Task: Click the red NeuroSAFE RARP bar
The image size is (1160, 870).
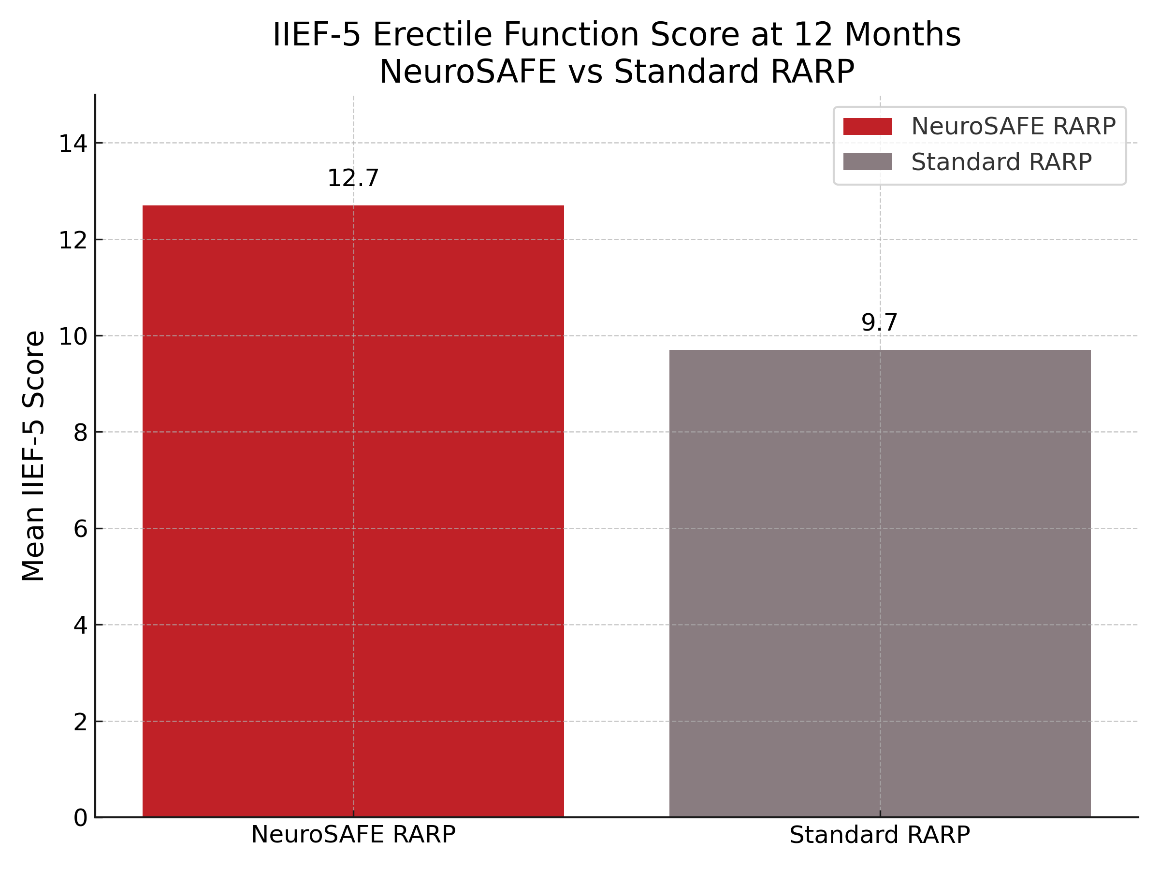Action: pyautogui.click(x=353, y=511)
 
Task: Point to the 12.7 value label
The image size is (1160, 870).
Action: pyautogui.click(x=353, y=179)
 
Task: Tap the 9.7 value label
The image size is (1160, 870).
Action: pyautogui.click(x=880, y=323)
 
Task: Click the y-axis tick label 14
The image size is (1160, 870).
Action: pyautogui.click(x=73, y=144)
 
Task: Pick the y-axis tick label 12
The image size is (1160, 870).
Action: pyautogui.click(x=73, y=240)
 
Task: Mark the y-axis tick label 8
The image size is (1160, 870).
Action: pyautogui.click(x=80, y=433)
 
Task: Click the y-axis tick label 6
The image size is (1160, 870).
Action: pyautogui.click(x=80, y=529)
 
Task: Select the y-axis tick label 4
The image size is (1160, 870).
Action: pyautogui.click(x=80, y=625)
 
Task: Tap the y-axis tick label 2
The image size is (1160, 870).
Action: pyautogui.click(x=80, y=722)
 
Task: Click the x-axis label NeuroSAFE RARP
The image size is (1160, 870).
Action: pyautogui.click(x=353, y=835)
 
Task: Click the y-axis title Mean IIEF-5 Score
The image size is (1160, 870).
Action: pyautogui.click(x=33, y=456)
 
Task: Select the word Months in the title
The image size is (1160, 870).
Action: pyautogui.click(x=902, y=35)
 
